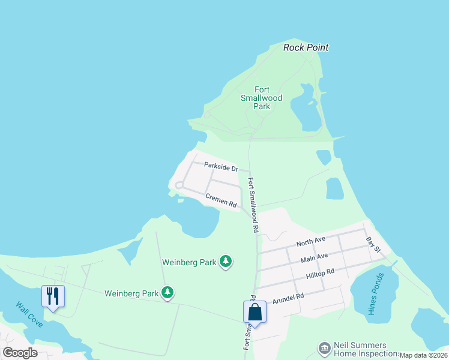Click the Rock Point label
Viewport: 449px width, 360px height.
306,47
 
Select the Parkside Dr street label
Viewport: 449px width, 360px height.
221,167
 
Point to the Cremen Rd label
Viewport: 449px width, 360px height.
221,200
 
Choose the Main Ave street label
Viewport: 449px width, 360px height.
314,257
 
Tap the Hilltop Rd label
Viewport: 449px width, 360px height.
319,274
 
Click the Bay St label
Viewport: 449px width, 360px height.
373,244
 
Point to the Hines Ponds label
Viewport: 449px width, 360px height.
376,294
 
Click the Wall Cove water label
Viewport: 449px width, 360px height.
29,314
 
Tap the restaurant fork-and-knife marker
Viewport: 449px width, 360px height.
53,296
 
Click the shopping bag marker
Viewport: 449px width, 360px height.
255,313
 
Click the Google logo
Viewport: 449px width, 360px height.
20,352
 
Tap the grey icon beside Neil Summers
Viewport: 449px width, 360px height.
324,347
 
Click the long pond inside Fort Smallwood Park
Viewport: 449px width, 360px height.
306,108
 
